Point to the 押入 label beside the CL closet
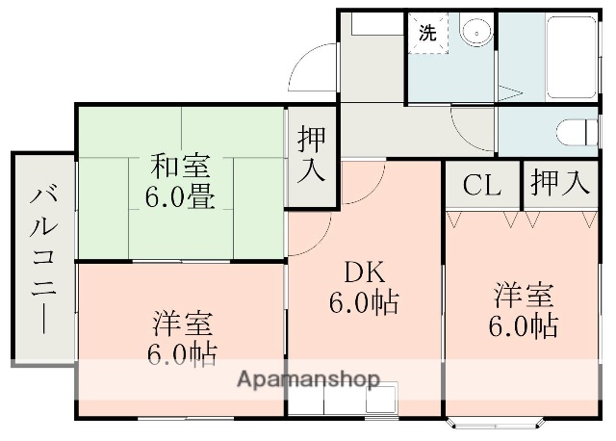(559, 184)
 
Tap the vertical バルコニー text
(41, 259)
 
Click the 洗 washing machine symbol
(426, 31)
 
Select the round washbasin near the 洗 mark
(475, 33)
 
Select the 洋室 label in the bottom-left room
(182, 323)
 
